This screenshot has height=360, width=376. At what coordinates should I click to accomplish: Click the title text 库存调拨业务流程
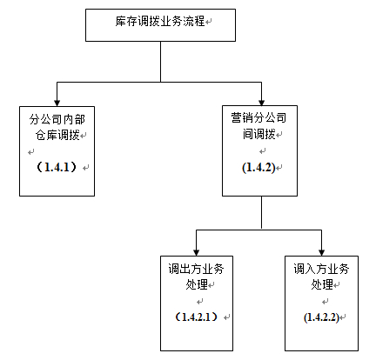coord(160,21)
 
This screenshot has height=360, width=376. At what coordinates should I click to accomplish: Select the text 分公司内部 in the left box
coord(57,119)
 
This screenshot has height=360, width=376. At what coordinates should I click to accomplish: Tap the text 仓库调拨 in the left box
coord(57,135)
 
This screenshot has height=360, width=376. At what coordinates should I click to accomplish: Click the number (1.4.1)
coord(57,167)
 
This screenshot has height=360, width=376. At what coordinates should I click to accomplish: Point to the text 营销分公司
coord(258,118)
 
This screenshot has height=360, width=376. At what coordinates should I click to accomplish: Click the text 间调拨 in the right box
coord(258,134)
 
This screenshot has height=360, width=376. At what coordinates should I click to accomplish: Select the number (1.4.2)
coord(258,168)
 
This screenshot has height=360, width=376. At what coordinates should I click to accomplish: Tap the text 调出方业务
coord(196,269)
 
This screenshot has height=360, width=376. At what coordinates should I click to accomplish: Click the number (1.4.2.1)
coord(196,317)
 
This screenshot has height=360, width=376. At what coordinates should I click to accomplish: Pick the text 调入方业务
coord(321,269)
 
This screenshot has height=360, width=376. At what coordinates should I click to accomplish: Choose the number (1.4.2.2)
coord(321,317)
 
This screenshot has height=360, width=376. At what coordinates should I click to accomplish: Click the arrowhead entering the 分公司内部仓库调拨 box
coord(57,103)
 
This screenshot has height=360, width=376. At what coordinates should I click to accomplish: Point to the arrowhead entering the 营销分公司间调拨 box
coord(261,103)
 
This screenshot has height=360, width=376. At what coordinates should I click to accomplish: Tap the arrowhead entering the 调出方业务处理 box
coord(197,252)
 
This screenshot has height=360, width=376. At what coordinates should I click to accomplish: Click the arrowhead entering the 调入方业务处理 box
coord(321,252)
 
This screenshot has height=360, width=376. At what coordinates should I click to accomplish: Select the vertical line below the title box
coord(160,62)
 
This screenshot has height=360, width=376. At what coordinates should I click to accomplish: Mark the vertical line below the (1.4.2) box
coord(261,213)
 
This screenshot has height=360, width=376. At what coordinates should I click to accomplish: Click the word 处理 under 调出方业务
coord(197,284)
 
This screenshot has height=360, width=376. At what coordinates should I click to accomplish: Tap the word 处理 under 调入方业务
coord(322,284)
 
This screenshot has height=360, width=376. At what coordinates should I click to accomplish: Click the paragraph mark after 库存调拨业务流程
coord(209,22)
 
